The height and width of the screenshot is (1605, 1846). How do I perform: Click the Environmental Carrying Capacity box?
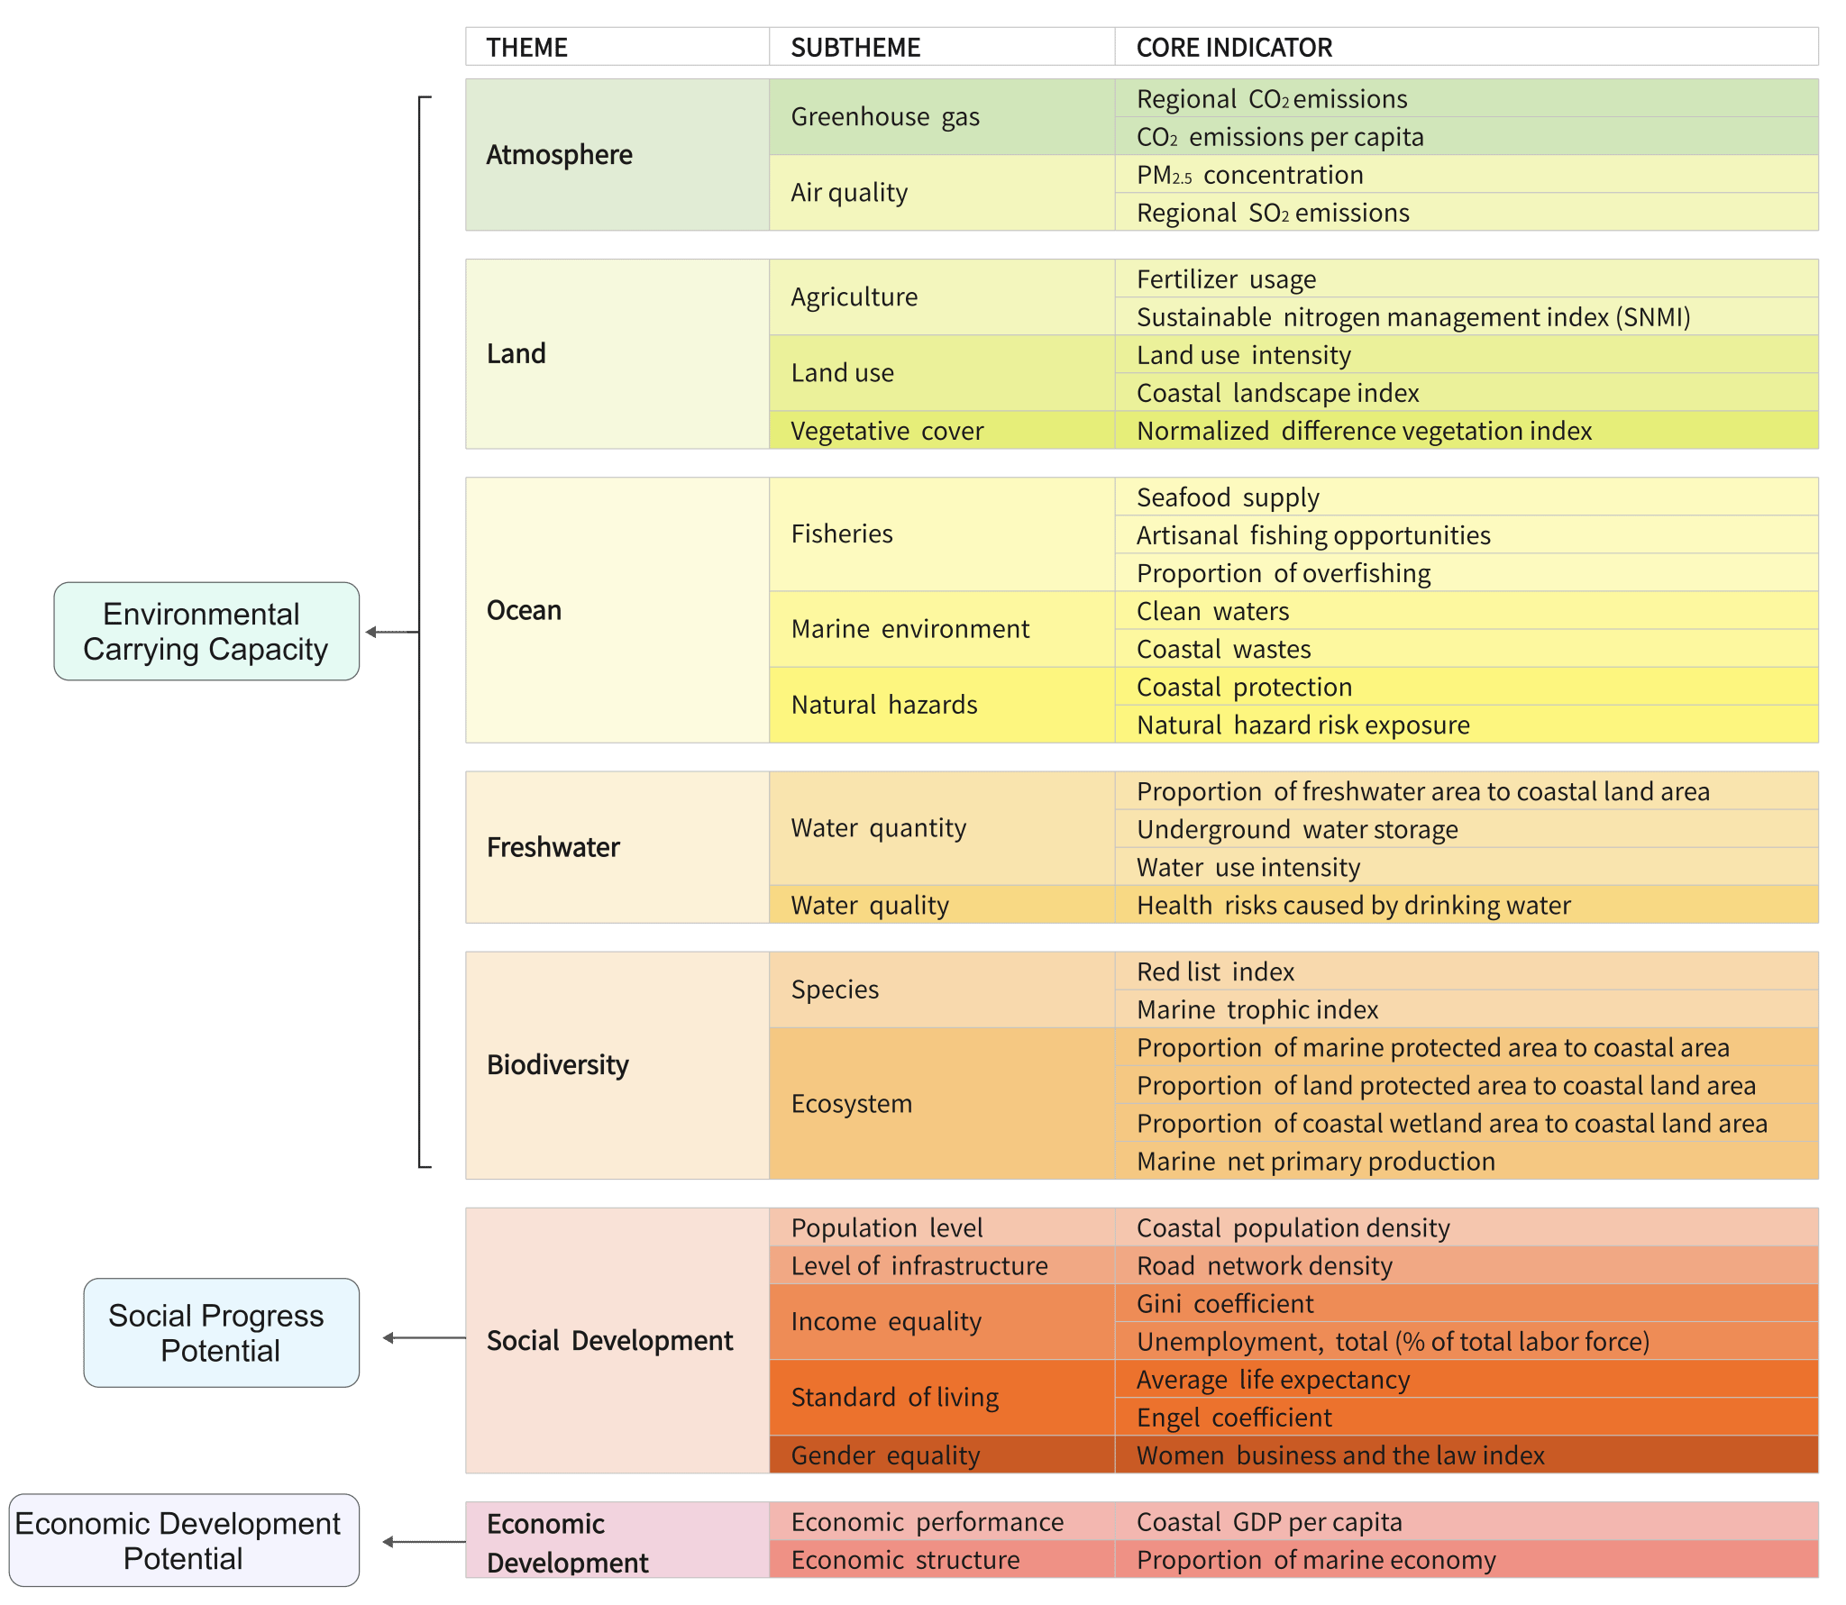[206, 631]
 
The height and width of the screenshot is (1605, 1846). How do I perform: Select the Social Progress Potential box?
[221, 1332]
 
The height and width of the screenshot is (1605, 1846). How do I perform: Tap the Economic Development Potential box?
[183, 1540]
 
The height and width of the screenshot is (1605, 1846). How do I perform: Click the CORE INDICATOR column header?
[1234, 47]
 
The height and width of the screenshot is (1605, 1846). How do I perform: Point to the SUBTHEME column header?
[855, 47]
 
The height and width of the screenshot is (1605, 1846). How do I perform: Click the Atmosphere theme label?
[560, 155]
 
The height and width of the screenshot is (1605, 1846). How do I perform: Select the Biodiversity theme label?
[558, 1065]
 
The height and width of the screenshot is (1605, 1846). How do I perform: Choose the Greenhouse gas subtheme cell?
[885, 117]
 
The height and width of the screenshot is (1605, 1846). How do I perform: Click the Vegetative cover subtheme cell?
[887, 431]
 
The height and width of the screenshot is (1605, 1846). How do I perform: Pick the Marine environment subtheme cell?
[910, 629]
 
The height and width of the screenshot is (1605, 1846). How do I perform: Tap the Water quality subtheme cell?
[870, 905]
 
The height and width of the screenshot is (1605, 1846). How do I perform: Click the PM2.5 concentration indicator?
[1250, 175]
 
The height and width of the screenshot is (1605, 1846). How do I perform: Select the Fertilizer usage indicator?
[1226, 279]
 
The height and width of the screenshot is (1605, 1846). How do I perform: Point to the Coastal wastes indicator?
[1223, 649]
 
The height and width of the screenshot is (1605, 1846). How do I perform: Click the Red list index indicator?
[1215, 971]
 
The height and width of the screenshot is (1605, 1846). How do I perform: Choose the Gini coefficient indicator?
[1225, 1303]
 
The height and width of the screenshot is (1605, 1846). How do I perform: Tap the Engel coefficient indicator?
[1234, 1418]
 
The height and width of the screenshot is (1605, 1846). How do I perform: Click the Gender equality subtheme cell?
[885, 1455]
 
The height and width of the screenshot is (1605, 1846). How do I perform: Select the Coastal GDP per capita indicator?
[1269, 1522]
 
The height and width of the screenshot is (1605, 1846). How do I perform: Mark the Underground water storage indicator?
[1297, 829]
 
